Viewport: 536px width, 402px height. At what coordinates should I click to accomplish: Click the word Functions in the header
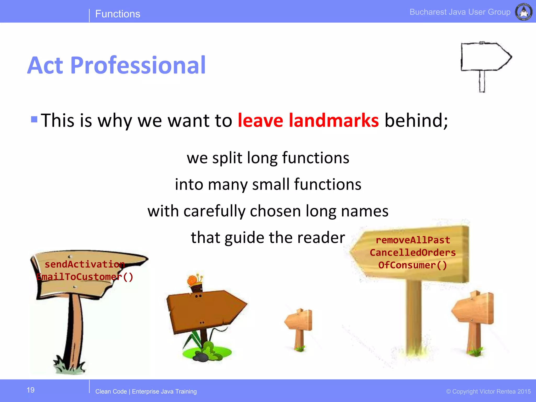[118, 14]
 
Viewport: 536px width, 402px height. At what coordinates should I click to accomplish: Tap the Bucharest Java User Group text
[460, 12]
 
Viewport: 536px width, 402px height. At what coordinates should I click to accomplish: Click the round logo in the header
[524, 12]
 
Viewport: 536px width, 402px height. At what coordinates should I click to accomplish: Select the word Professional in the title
[138, 65]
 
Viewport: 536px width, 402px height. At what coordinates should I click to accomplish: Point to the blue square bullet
[34, 119]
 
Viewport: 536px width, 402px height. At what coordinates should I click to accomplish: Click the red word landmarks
[334, 120]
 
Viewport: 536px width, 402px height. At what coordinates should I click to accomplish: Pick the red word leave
[260, 120]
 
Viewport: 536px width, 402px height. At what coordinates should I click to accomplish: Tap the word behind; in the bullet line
[416, 120]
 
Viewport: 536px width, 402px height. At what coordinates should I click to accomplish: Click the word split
[227, 158]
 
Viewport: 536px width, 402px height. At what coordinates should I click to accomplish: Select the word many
[227, 185]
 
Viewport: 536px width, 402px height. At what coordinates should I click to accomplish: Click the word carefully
[214, 211]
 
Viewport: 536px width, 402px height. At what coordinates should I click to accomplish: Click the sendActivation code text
[85, 264]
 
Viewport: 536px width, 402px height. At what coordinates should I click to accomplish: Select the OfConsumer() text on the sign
[412, 265]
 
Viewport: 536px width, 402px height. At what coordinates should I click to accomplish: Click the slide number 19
[31, 390]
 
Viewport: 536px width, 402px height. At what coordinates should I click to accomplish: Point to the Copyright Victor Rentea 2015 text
[488, 392]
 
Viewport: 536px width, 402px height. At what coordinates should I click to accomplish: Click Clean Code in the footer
[111, 392]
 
